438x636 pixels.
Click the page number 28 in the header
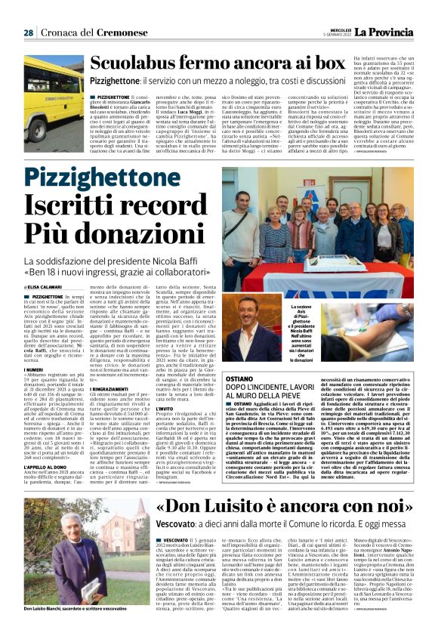(x=28, y=32)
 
